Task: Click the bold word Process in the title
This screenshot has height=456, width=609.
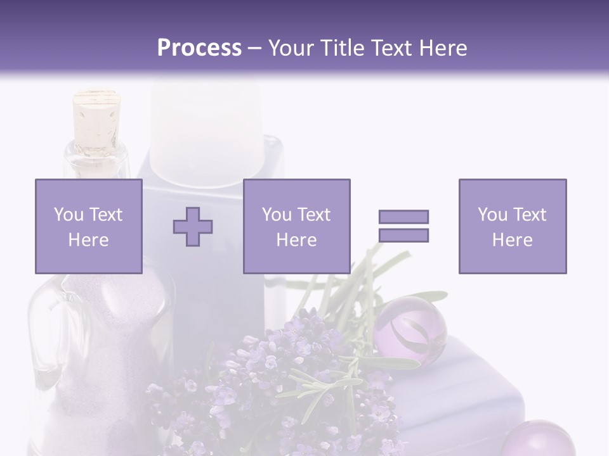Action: pos(199,48)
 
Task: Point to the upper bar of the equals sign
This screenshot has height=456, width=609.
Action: pos(403,217)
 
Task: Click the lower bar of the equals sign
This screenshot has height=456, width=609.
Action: pos(403,236)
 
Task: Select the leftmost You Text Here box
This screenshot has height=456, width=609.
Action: pos(89,226)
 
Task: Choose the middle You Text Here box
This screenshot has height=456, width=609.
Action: pos(296,226)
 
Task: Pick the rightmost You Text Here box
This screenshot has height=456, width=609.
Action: pos(512,226)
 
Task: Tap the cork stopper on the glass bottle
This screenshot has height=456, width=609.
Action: pos(96,117)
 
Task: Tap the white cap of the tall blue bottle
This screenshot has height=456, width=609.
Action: pos(205,133)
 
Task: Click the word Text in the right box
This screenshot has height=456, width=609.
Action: pos(528,215)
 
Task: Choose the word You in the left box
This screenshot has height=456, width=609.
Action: pos(68,215)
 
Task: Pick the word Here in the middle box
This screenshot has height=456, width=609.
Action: pos(296,240)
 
